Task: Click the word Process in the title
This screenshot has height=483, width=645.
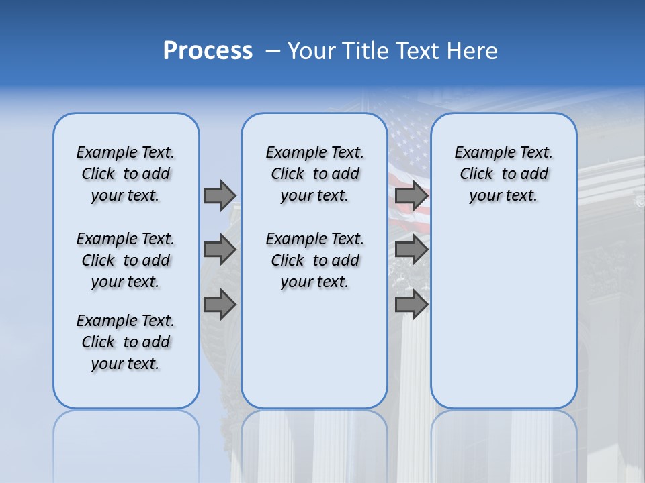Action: pos(208,51)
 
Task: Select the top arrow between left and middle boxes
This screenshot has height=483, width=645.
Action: pos(220,195)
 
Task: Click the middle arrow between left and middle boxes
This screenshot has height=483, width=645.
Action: pos(220,250)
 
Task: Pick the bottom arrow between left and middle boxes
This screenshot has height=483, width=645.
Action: pos(220,304)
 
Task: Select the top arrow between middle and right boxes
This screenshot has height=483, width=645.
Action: pos(411,195)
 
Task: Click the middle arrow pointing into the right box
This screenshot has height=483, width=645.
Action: pos(411,250)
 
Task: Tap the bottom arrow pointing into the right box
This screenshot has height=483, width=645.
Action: pos(411,304)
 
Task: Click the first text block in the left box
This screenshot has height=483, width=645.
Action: pos(126,174)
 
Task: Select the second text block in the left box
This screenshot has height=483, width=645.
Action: pos(126,260)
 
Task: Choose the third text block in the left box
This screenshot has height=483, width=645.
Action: pos(126,342)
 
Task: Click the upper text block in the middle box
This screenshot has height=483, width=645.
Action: pos(314,174)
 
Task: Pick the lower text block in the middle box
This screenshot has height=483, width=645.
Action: pos(314,260)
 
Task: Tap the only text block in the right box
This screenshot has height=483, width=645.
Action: pos(503,174)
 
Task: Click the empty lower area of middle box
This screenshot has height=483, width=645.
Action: pos(314,349)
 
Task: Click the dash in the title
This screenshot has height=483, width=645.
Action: pos(273,51)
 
